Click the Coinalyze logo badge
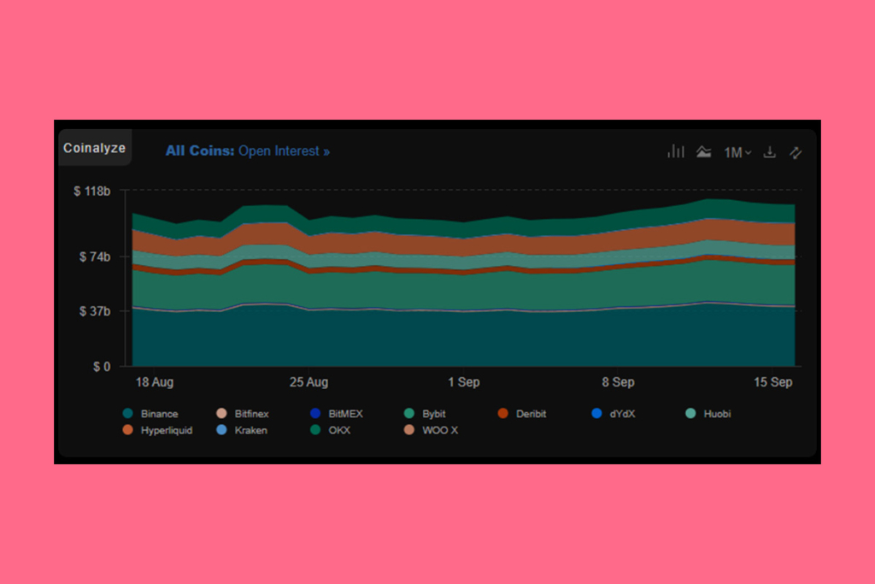94,148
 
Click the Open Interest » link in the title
284,151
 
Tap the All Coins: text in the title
199,151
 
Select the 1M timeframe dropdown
737,152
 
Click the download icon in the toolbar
769,152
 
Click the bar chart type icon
676,152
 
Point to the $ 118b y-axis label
92,191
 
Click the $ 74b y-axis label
95,256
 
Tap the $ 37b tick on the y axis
95,311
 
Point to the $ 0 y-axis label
101,366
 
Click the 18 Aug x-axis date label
155,382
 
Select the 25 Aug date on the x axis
309,382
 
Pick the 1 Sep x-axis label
463,382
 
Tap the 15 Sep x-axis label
773,382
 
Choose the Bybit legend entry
433,414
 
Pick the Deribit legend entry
531,414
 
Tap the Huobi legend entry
717,414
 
